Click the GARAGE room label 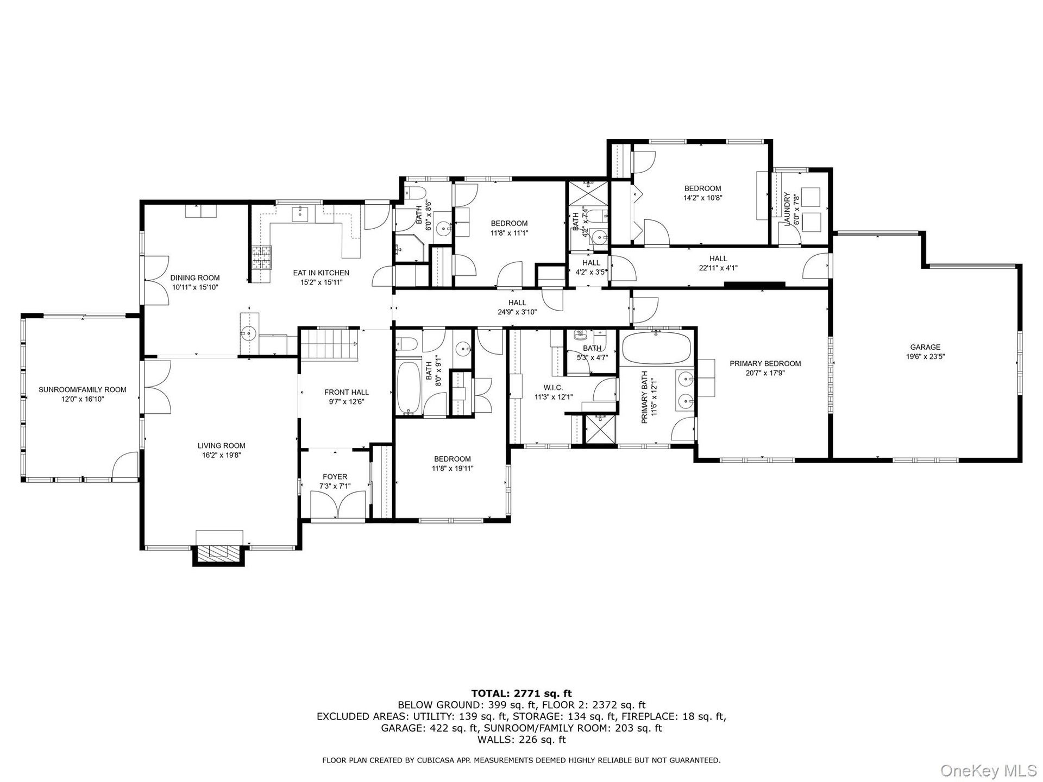tap(925, 347)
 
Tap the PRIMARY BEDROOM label tap(765, 363)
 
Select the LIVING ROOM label tap(221, 446)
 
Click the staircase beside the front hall tap(328, 345)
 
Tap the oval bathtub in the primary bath tap(656, 348)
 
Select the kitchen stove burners tap(261, 257)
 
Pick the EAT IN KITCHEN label tap(321, 273)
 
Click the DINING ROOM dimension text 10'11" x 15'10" tap(195, 287)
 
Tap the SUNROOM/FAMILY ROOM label tap(82, 389)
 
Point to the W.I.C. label tap(553, 388)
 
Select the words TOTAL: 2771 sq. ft tap(521, 693)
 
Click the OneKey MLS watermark tap(988, 770)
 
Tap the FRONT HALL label tap(347, 392)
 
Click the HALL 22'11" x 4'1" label tap(718, 263)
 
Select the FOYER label tap(335, 477)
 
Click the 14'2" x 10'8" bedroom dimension tap(702, 198)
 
